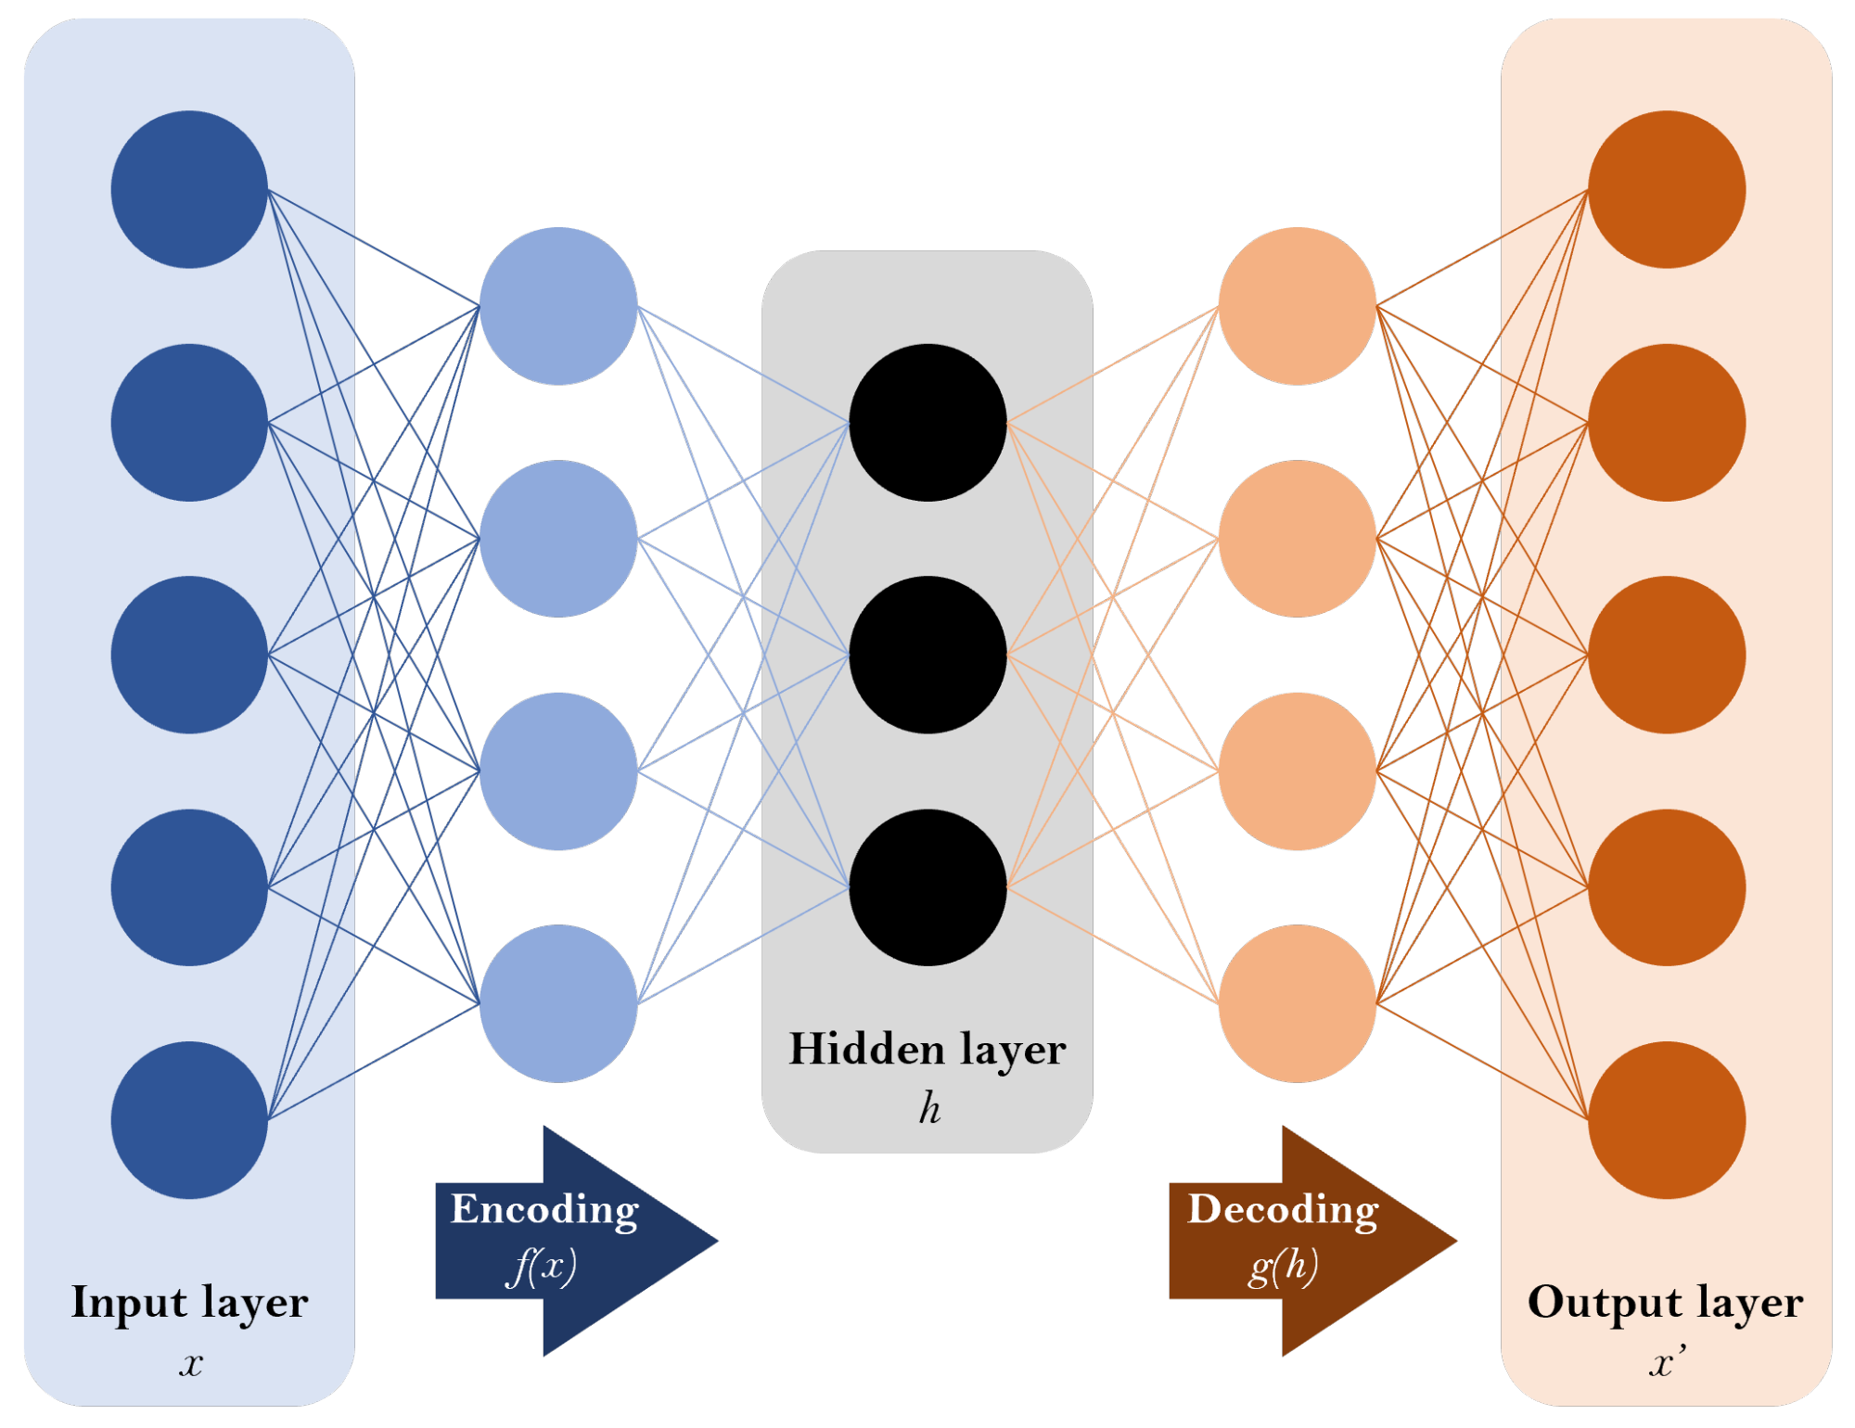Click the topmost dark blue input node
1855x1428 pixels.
coord(189,190)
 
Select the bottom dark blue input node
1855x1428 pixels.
coord(189,1120)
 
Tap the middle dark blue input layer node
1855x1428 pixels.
coord(189,655)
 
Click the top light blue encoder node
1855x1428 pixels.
coord(558,306)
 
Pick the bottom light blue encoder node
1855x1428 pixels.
coord(558,1003)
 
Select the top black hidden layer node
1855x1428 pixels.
coord(927,423)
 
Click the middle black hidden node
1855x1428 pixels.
coord(927,655)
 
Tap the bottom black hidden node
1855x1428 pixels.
coord(927,887)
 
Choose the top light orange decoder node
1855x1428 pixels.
coord(1297,306)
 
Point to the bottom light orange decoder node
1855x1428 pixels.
coord(1297,1003)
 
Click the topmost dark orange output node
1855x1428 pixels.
coord(1667,190)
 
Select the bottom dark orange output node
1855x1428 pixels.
coord(1667,1120)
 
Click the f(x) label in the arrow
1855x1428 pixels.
coord(543,1267)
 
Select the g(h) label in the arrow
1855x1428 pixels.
coord(1283,1267)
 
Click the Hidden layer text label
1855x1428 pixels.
coord(927,1051)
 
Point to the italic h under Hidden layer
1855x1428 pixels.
coord(929,1108)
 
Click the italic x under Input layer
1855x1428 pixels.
coord(190,1363)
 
